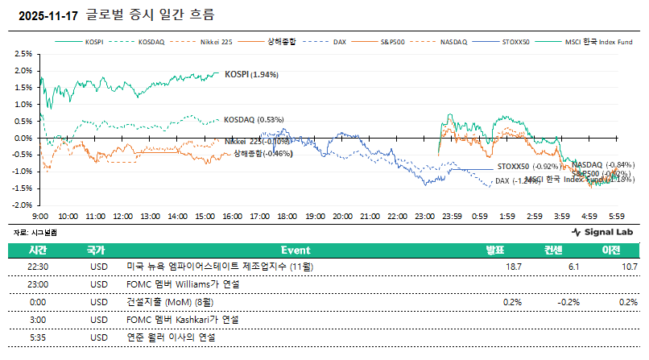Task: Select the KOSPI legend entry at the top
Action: (x=95, y=41)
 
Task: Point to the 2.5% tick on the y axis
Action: (x=23, y=54)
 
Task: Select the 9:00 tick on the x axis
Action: (x=41, y=216)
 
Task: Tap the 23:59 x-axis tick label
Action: (x=451, y=216)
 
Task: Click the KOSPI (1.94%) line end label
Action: (x=251, y=74)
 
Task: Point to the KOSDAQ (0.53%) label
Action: (x=254, y=119)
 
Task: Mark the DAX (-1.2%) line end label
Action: (x=517, y=181)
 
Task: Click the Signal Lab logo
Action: (x=601, y=232)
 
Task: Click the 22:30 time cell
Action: (x=38, y=267)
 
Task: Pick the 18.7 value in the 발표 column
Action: (x=513, y=267)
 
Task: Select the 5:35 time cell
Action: (x=38, y=337)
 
